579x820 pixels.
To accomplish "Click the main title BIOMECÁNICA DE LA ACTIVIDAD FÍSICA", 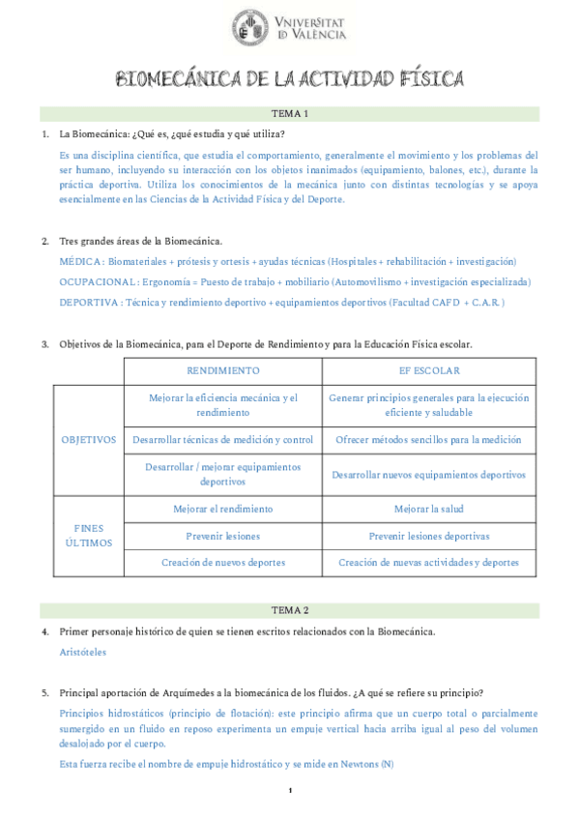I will (290, 78).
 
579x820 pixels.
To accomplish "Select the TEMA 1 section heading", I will (290, 113).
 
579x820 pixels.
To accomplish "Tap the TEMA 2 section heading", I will (290, 610).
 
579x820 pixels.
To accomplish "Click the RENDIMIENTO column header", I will (222, 370).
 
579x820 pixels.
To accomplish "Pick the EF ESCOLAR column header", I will (429, 370).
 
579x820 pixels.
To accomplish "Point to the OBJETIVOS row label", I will (89, 440).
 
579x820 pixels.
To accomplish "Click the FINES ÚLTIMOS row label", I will (89, 536).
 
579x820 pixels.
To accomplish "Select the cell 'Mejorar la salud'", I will (429, 509).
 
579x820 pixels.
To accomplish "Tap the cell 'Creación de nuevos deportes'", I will (222, 562).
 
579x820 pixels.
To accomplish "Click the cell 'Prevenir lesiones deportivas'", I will (429, 536).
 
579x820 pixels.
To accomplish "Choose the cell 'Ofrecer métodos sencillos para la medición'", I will (429, 440).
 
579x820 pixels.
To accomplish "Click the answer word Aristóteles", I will (83, 653).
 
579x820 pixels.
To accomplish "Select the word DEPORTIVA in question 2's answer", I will (89, 303).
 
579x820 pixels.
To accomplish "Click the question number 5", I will (44, 693).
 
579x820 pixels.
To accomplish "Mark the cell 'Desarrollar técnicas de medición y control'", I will (222, 440).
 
